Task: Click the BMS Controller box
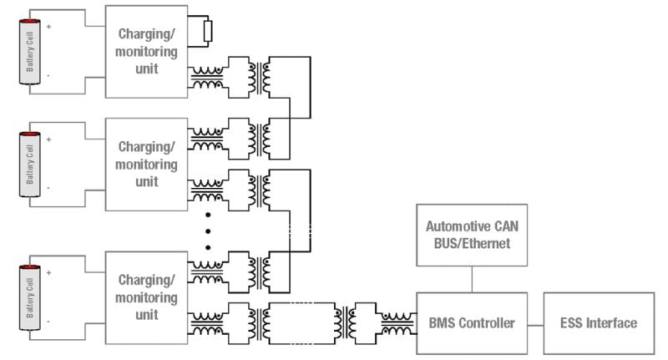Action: pos(472,322)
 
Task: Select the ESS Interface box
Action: pos(598,322)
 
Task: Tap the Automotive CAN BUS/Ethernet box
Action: pos(472,236)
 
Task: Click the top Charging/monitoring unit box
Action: pos(147,52)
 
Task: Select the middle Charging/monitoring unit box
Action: pos(147,164)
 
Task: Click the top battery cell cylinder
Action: pos(30,51)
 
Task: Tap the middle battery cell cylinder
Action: pos(30,164)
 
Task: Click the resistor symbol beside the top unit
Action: pos(208,31)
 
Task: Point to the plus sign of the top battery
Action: pos(48,27)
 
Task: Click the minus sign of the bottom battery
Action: pos(48,321)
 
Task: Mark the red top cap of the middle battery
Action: pos(30,134)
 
